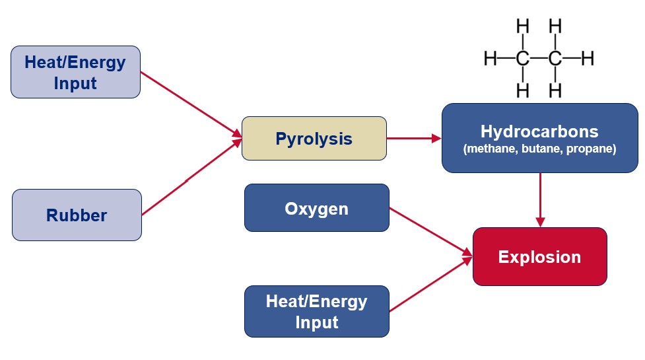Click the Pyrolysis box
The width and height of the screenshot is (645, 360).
click(314, 139)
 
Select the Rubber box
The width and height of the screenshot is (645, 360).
click(77, 215)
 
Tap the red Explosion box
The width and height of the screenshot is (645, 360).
click(539, 256)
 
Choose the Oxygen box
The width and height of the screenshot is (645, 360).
click(316, 208)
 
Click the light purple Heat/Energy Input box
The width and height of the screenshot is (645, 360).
click(75, 72)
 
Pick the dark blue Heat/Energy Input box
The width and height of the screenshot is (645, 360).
click(316, 311)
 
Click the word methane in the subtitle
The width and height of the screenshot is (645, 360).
click(489, 149)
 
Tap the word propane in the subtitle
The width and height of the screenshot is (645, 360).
click(592, 149)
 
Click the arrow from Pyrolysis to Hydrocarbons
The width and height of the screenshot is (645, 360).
click(413, 139)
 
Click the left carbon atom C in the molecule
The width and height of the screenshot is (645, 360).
click(523, 58)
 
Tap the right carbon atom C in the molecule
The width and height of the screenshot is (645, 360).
click(555, 58)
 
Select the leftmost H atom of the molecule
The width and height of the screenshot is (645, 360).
click(490, 58)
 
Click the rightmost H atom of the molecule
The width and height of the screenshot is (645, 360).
click(588, 58)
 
